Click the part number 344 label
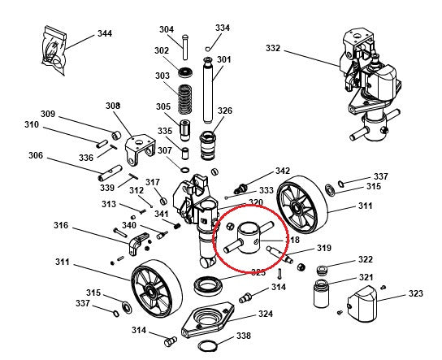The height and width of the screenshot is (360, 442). coord(104,33)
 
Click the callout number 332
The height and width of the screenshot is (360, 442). coord(272,49)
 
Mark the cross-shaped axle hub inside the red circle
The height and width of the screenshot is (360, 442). coord(249,241)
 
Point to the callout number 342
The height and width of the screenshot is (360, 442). coord(282,171)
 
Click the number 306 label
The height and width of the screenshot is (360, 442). coord(36,156)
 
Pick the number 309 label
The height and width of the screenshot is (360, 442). coord(48,114)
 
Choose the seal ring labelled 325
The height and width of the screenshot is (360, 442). coord(209,284)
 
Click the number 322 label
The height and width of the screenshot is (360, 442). coord(366,260)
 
